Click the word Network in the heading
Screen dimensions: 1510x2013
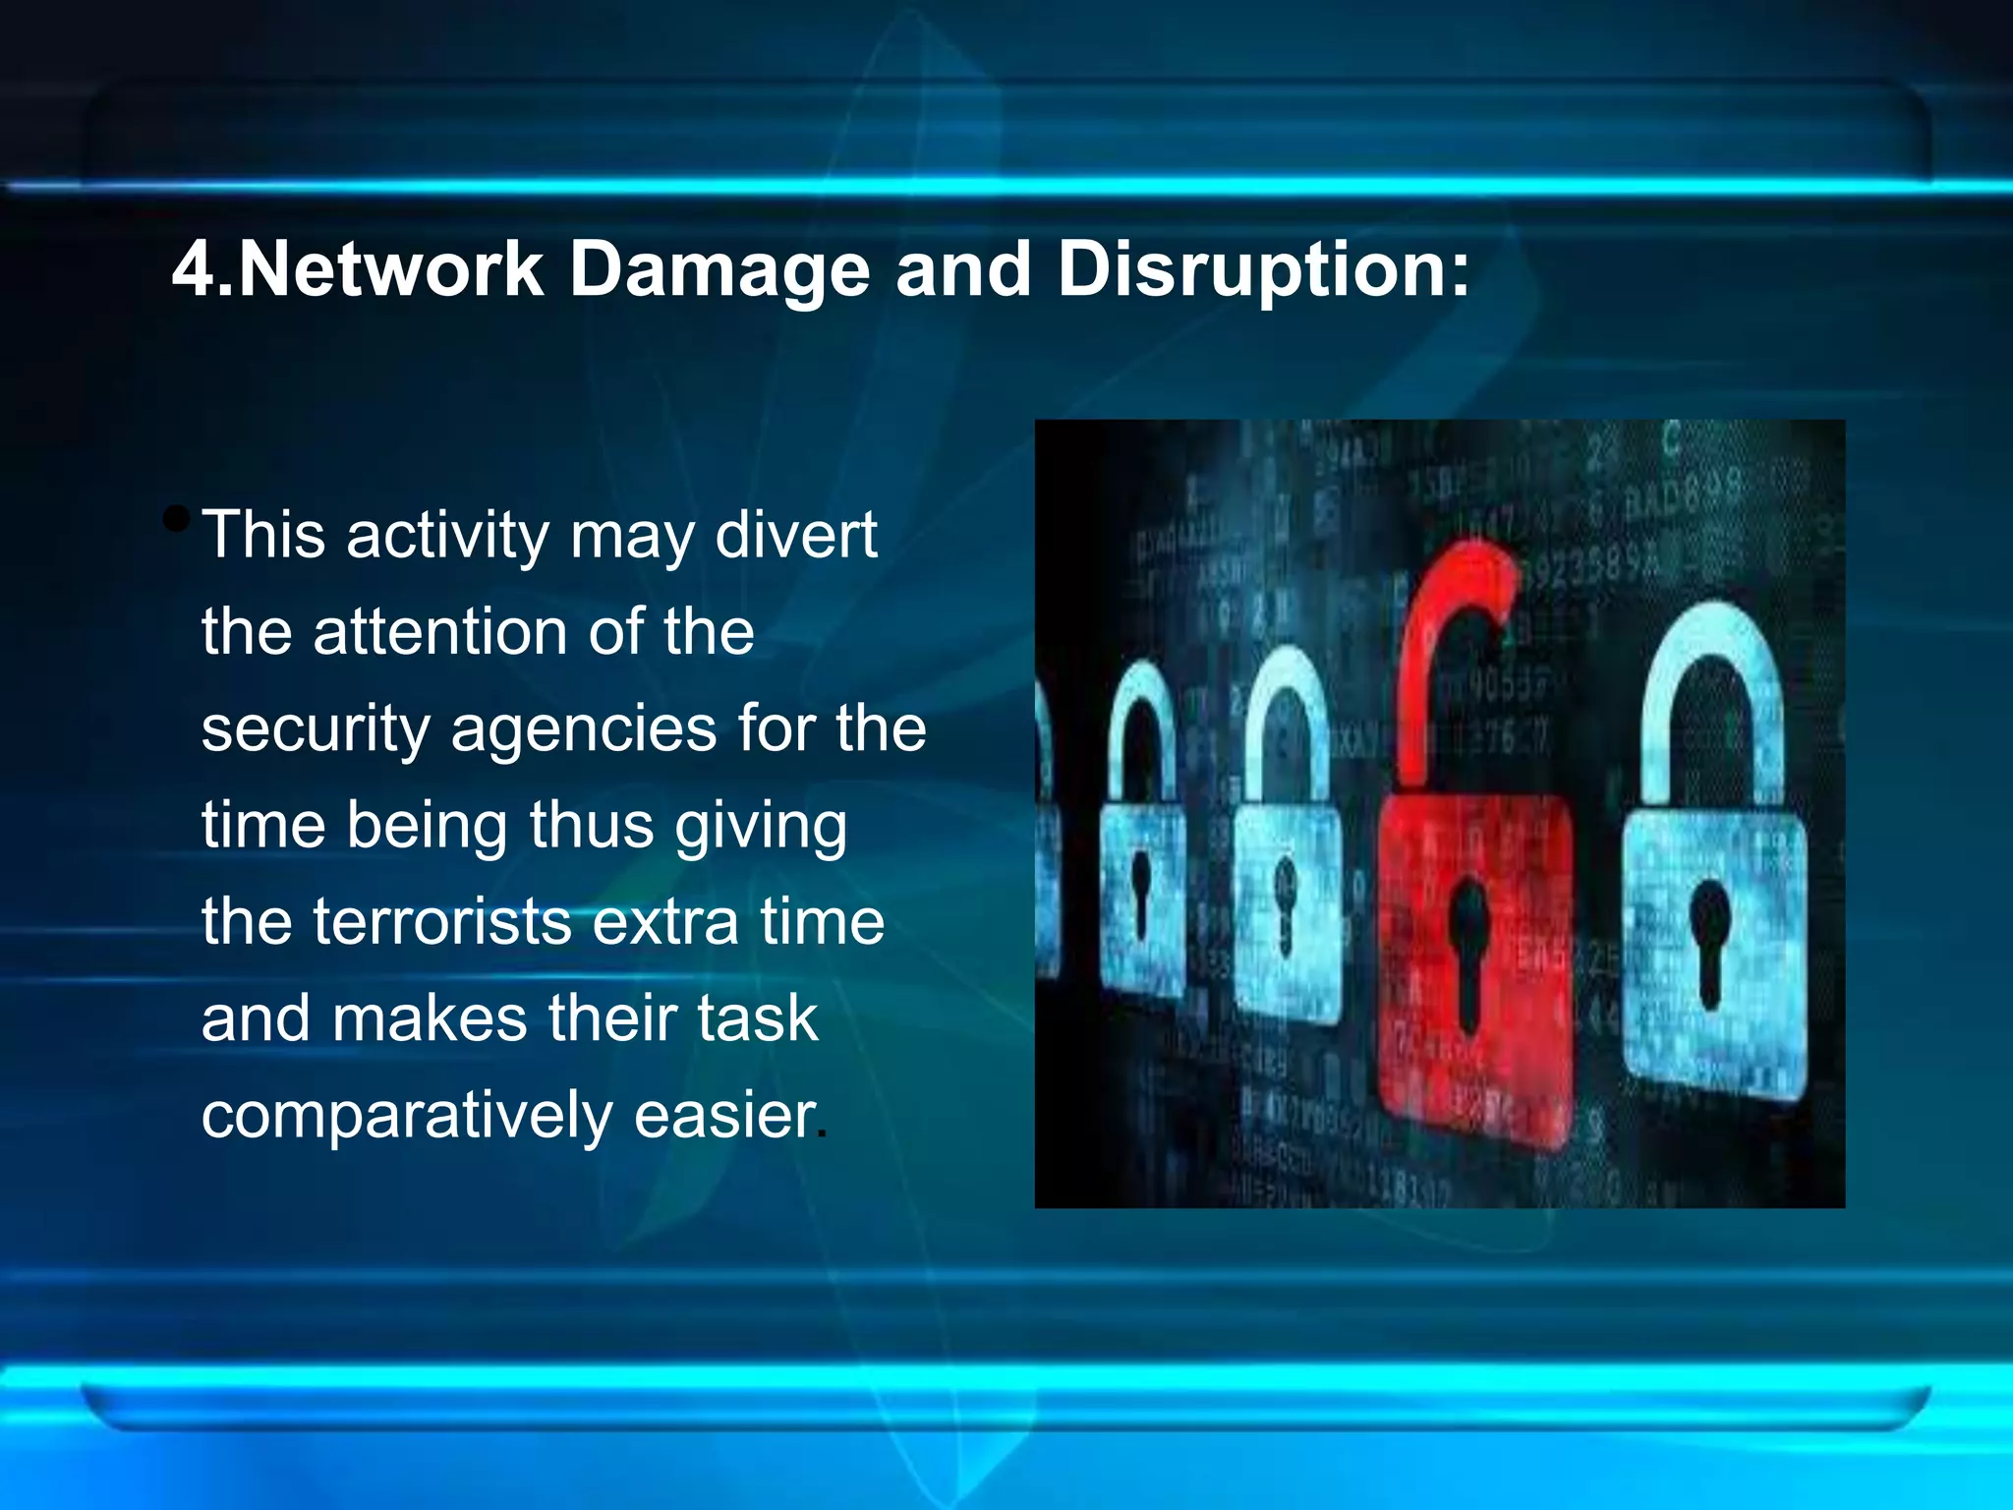pos(390,269)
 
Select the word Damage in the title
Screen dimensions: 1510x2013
pos(719,271)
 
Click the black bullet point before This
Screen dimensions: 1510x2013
pos(177,518)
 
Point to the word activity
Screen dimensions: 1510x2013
pos(446,537)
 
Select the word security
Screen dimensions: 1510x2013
pos(316,730)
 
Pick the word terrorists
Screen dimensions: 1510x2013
pos(442,922)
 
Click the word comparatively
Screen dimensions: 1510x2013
pos(407,1117)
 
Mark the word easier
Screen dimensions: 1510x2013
pos(724,1116)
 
